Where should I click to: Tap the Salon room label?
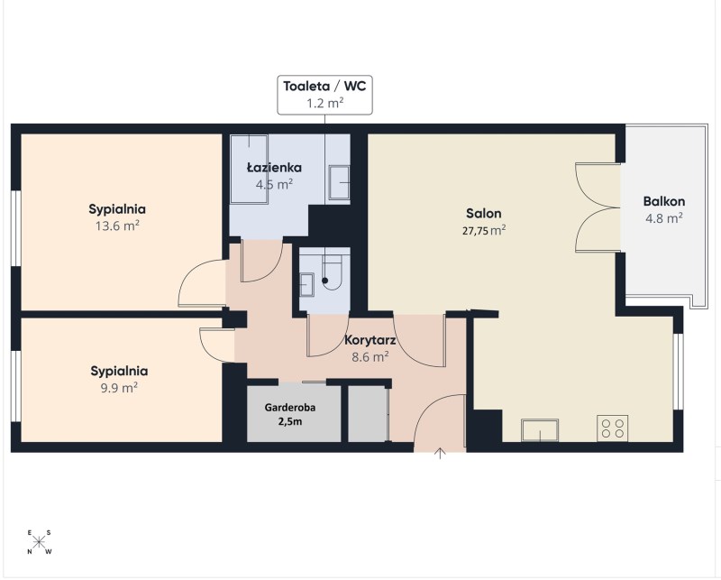484,213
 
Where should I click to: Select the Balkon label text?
664,201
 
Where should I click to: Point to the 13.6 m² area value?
117,226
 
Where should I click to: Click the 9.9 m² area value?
119,388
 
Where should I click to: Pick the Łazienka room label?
274,167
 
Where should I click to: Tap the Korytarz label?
370,340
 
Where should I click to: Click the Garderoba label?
290,408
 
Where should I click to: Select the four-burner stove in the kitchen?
613,428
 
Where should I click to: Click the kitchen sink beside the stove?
540,430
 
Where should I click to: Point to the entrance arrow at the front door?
441,454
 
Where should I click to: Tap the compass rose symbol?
39,542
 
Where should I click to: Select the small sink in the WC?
306,284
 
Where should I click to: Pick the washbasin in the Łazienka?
339,182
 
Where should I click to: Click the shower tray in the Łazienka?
249,169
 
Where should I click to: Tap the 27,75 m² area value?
484,230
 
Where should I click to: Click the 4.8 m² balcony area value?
664,217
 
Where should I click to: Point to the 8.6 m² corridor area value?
370,356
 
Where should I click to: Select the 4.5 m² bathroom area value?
274,184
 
